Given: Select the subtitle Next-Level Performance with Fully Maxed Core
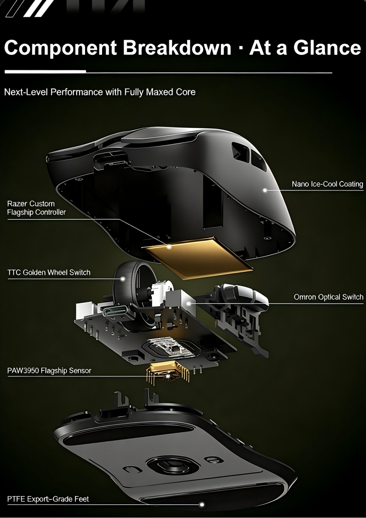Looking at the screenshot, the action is pyautogui.click(x=100, y=92).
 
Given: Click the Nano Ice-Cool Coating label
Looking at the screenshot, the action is pyautogui.click(x=327, y=184).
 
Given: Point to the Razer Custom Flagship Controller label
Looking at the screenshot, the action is pyautogui.click(x=37, y=208).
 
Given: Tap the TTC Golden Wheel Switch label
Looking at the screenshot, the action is pyautogui.click(x=48, y=273).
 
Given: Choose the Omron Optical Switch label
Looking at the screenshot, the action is pyautogui.click(x=328, y=297).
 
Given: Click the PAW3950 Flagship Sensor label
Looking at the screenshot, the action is pyautogui.click(x=49, y=370).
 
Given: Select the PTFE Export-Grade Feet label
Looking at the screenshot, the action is pyautogui.click(x=48, y=499).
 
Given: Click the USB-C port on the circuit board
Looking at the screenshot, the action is pyautogui.click(x=113, y=312).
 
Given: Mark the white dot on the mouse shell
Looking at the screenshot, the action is pyautogui.click(x=265, y=190).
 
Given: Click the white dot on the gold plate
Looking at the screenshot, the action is pyautogui.click(x=169, y=247).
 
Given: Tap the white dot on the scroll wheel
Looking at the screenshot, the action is pyautogui.click(x=123, y=279).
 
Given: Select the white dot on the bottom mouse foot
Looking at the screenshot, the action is pyautogui.click(x=201, y=504).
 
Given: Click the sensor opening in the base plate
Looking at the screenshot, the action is pyautogui.click(x=172, y=465).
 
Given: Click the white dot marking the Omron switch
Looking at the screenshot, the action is pyautogui.click(x=188, y=303).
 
